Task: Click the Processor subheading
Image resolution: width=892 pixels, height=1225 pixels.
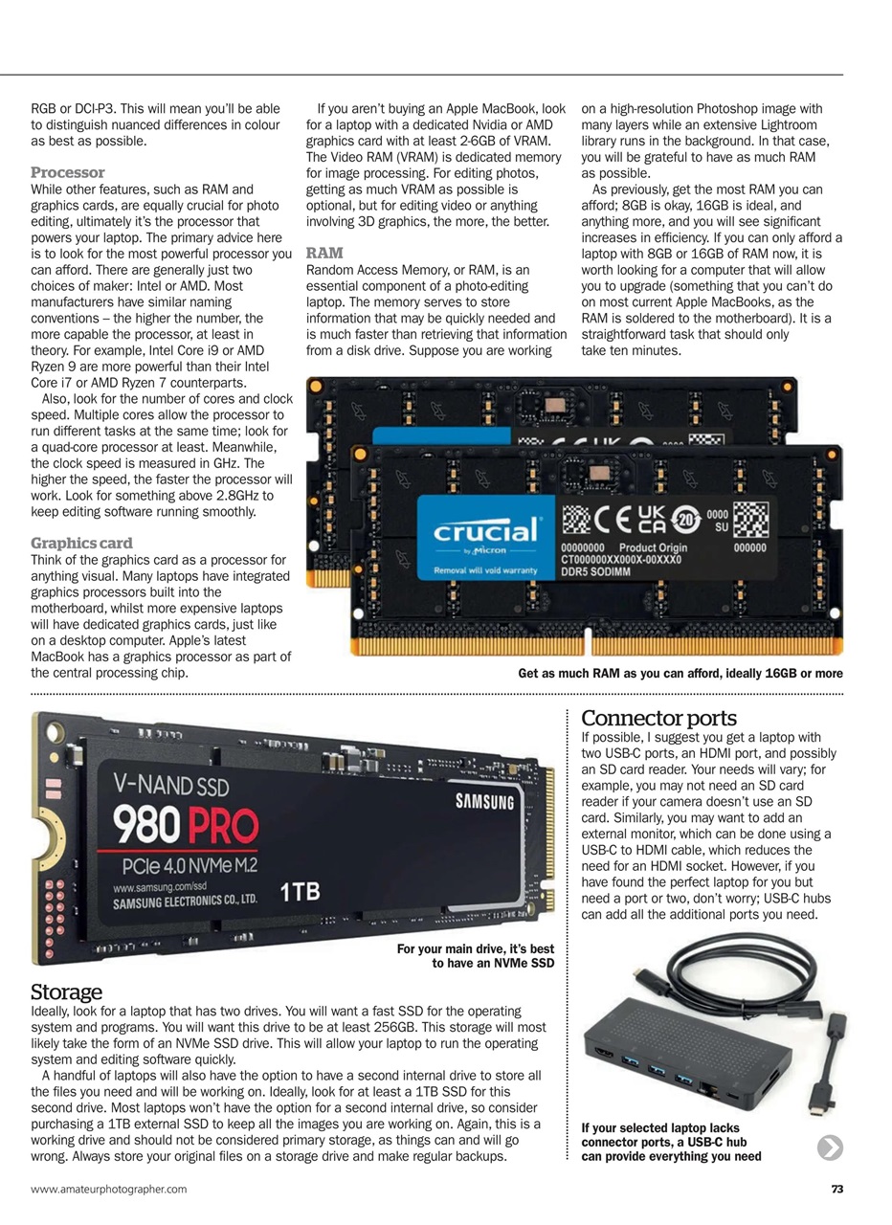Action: (68, 172)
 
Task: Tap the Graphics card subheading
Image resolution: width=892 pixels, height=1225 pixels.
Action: (82, 543)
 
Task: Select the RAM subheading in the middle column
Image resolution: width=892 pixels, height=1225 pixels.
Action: (324, 254)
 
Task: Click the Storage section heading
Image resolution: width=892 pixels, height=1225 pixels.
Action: (66, 991)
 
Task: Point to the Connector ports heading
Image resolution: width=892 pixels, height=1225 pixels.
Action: (658, 718)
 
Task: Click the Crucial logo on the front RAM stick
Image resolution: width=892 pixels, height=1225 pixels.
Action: (487, 531)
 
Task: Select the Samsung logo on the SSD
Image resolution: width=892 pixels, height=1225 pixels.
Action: (485, 801)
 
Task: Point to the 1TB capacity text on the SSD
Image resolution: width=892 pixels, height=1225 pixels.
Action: (300, 892)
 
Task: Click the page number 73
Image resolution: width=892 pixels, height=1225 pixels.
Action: (836, 1190)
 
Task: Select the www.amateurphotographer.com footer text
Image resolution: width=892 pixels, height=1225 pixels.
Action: (109, 1190)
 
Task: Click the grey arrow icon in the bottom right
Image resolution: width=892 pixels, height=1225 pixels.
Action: (830, 1147)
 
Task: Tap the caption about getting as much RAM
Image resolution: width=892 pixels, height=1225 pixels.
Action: (680, 674)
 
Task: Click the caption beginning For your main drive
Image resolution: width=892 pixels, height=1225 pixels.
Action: (476, 956)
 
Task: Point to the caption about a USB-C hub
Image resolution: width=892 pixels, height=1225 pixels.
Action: (671, 1142)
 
